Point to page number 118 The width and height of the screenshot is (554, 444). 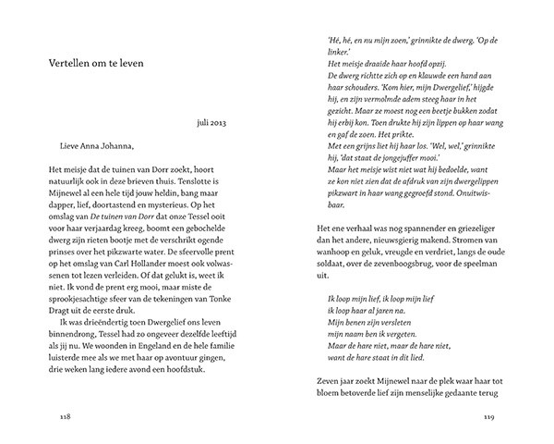pos(63,415)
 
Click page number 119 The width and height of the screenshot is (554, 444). pos(488,415)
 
